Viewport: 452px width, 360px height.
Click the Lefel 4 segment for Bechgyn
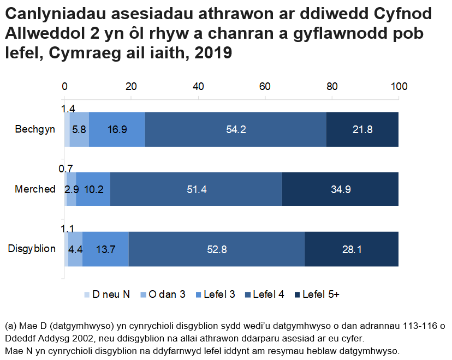click(x=236, y=130)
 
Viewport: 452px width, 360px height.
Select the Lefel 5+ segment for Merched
click(x=340, y=189)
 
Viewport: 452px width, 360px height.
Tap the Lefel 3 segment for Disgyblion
click(x=105, y=249)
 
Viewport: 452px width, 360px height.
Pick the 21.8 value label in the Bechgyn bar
click(x=362, y=130)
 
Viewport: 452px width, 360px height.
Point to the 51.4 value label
click(x=196, y=190)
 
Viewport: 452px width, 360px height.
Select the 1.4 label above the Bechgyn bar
click(x=68, y=108)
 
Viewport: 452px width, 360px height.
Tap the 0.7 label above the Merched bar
click(x=66, y=169)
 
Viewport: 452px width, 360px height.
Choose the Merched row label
click(x=35, y=189)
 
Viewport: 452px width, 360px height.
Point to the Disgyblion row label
click(x=32, y=249)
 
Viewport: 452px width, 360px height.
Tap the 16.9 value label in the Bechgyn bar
click(x=117, y=130)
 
